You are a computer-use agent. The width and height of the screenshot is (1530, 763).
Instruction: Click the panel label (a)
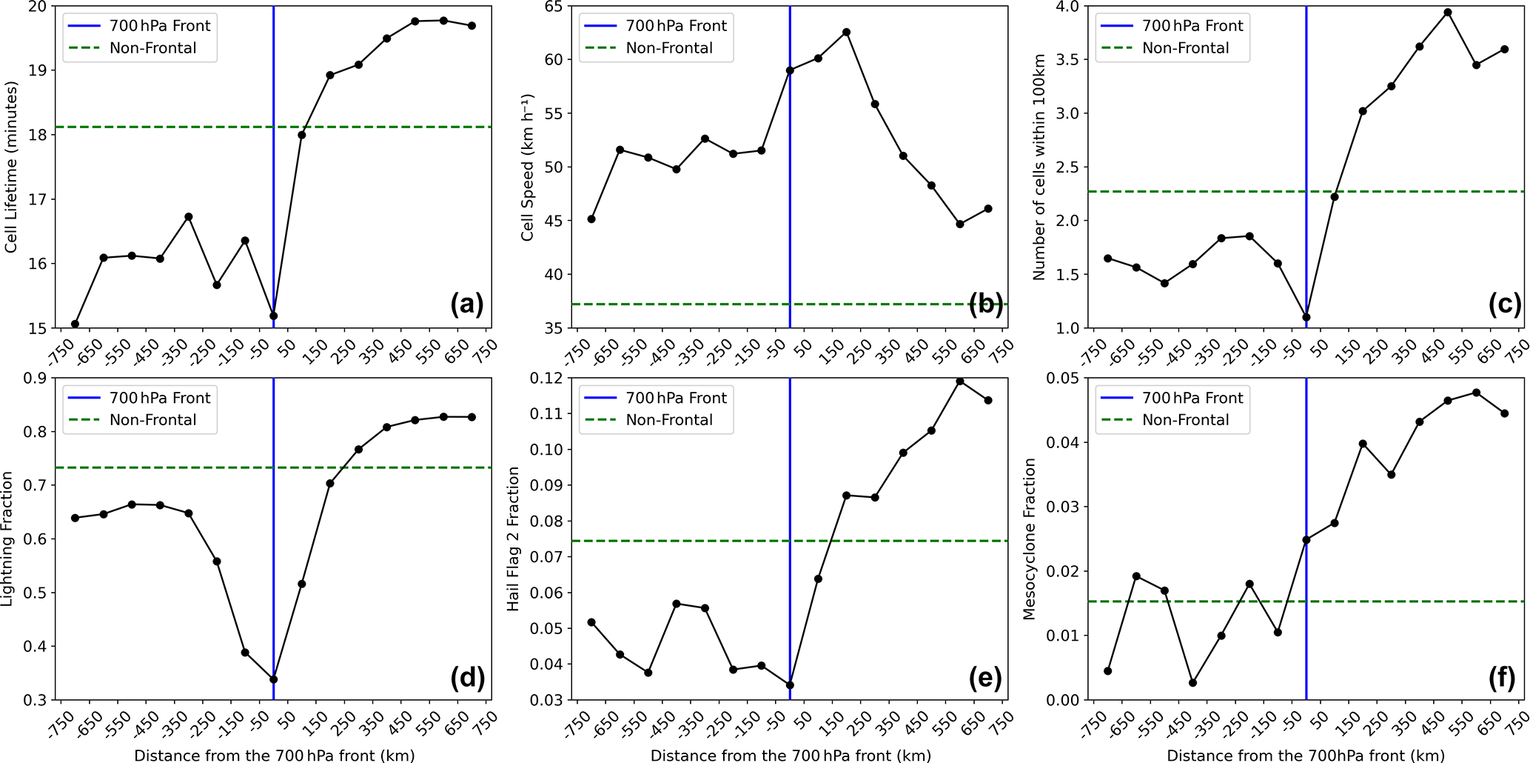466,304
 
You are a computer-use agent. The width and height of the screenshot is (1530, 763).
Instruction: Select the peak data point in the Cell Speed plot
846,33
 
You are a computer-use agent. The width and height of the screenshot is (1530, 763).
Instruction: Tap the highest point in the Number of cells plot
1447,13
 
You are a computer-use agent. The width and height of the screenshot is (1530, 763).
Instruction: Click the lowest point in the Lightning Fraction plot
273,679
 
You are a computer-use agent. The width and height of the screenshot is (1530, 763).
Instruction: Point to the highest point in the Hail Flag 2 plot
959,381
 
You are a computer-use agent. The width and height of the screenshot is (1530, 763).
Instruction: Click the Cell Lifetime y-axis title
11,167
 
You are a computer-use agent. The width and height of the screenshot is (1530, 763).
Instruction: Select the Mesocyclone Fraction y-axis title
1029,539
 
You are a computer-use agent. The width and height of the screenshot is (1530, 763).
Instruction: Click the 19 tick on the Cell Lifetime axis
37,70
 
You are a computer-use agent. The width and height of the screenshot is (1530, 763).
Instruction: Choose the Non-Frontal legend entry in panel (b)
668,48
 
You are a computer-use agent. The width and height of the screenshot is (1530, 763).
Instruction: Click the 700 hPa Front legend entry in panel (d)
159,398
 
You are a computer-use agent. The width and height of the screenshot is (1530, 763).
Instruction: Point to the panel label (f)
1500,677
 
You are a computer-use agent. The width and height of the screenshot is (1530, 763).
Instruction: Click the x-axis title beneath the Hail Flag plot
790,756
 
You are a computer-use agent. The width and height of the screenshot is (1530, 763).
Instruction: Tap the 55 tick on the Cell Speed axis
553,114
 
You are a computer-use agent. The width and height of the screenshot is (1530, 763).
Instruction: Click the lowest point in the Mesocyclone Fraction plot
1192,682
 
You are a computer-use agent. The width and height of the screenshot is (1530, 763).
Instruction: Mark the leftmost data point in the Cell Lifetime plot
75,324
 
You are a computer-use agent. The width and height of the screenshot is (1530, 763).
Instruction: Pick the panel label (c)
1503,304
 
